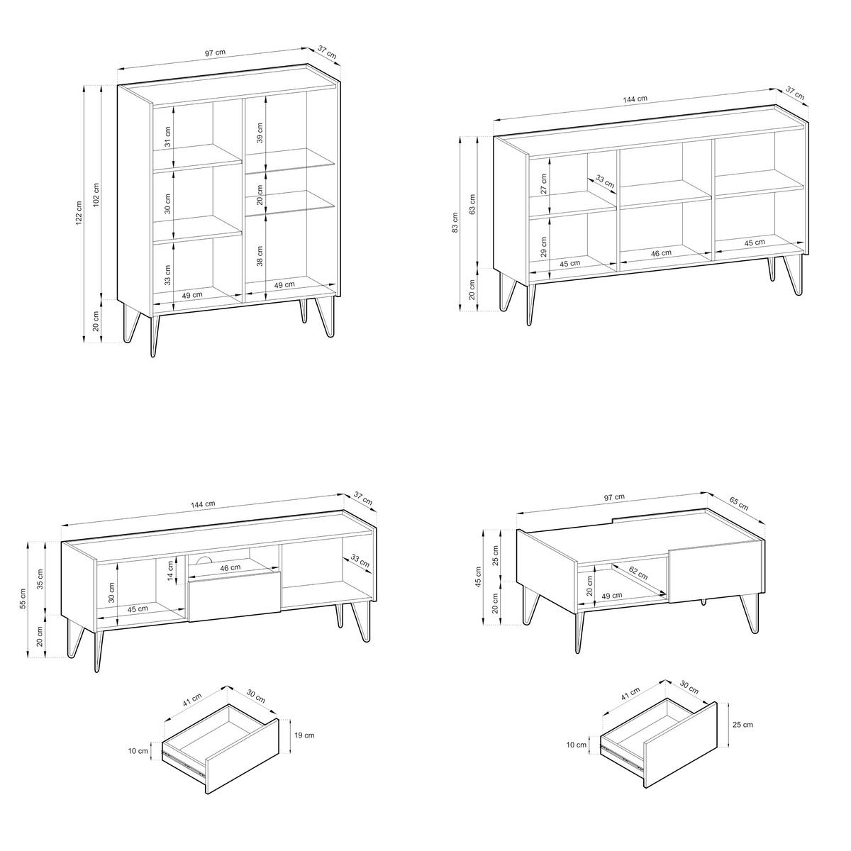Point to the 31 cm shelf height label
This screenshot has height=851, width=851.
(168, 136)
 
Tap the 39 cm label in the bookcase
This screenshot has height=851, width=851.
(260, 133)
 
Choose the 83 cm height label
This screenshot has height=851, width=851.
(456, 223)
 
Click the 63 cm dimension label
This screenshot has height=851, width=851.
(472, 204)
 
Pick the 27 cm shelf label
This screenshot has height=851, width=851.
(544, 184)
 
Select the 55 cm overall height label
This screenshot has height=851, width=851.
(23, 599)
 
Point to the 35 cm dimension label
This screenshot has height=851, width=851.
(40, 579)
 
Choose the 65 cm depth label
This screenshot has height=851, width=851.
(738, 505)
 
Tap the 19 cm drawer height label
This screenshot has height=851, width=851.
(304, 735)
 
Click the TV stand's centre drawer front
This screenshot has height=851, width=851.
(234, 596)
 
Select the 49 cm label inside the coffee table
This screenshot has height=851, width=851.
(611, 596)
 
